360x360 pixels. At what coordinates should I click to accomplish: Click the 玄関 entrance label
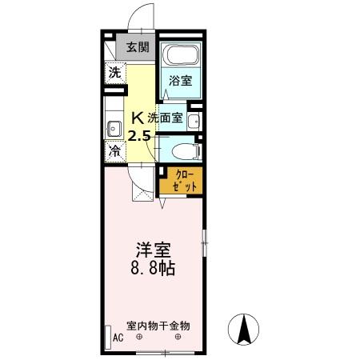point(138,46)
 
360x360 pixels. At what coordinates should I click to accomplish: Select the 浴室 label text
point(180,80)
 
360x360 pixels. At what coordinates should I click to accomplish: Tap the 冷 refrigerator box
point(114,150)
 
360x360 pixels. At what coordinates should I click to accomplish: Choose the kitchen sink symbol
point(111,126)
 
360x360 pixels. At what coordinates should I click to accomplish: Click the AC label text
point(118,338)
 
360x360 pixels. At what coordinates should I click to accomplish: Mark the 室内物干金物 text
point(158,326)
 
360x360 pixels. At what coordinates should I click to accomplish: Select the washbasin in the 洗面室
point(193,122)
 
